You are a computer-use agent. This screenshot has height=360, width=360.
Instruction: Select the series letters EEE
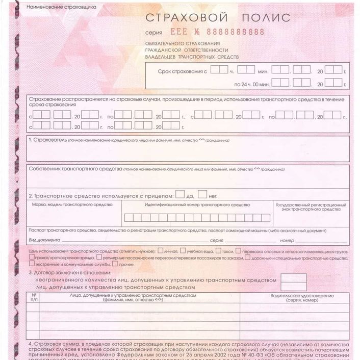193,32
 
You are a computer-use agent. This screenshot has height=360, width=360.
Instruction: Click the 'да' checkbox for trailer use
179,194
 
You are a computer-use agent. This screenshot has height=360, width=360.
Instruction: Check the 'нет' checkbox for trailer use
202,194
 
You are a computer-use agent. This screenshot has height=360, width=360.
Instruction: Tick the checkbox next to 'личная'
161,250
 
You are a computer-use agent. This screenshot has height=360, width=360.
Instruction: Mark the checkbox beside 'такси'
218,250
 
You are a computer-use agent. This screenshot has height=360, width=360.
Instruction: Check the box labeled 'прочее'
115,264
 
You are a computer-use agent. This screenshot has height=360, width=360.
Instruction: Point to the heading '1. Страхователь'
48,140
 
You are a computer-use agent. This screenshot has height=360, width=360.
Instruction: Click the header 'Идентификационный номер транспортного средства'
197,204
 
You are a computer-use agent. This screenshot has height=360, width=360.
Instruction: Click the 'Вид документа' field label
45,240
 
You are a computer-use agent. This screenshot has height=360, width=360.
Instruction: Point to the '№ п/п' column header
35,297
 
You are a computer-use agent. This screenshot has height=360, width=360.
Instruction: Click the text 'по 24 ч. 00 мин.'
251,83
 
